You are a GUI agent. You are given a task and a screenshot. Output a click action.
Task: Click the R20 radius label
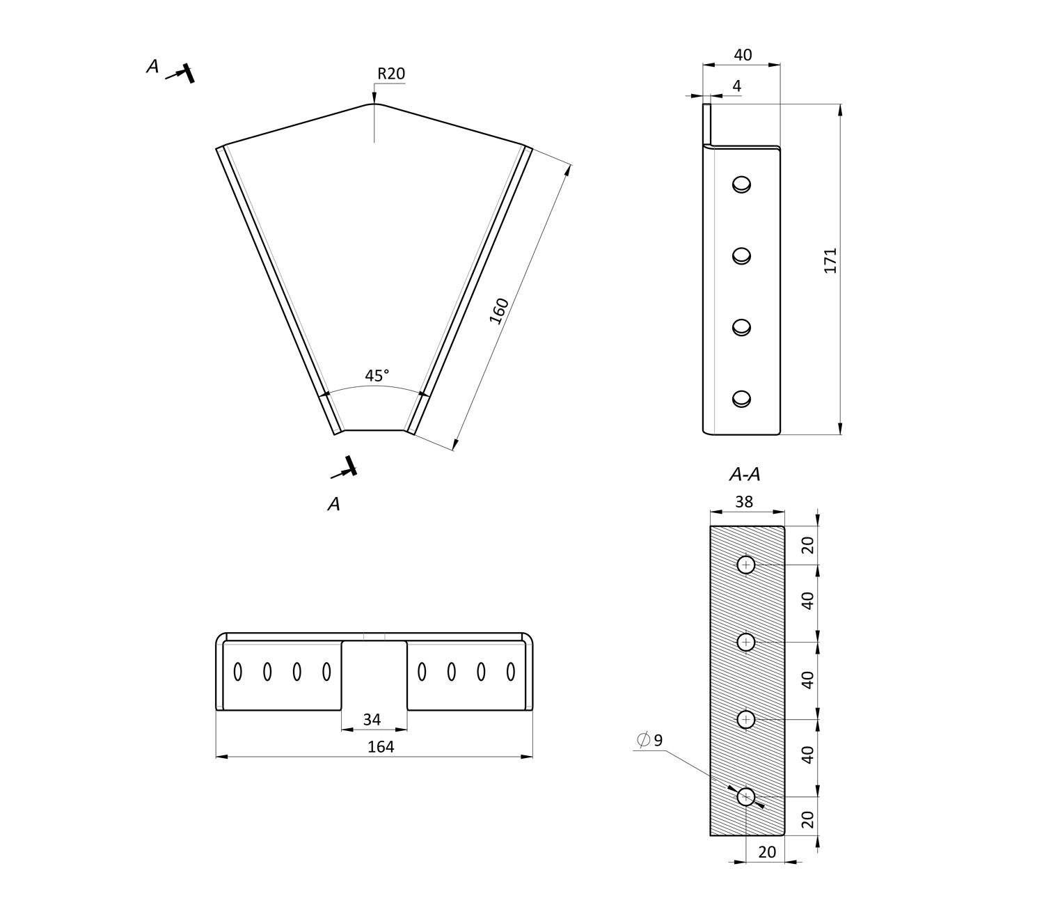[390, 74]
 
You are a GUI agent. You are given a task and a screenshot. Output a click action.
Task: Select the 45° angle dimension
[377, 376]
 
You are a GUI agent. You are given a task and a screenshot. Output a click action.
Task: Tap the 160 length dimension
[499, 310]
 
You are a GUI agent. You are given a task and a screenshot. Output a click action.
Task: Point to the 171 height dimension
[830, 260]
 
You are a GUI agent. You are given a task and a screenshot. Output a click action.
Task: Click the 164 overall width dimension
[381, 747]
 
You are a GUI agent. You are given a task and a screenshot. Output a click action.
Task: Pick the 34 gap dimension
[372, 719]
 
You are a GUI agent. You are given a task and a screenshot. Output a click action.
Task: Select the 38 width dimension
[744, 502]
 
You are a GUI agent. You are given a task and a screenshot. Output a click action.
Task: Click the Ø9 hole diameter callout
[650, 740]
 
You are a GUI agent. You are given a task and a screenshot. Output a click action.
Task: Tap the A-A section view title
[744, 475]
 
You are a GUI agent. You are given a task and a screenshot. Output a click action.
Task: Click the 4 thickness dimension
[737, 86]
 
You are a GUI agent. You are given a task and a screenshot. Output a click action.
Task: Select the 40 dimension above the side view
[743, 55]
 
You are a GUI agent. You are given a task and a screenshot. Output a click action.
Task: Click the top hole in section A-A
[746, 565]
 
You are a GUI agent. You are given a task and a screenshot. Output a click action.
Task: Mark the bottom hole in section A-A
[746, 796]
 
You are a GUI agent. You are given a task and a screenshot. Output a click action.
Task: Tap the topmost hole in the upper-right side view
[741, 184]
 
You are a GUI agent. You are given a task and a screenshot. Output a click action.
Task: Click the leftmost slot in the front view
[237, 672]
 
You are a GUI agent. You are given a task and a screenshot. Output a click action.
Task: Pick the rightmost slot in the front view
[510, 672]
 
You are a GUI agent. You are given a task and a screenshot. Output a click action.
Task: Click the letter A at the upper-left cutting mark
[152, 67]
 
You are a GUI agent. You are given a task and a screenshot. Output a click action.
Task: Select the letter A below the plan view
[334, 504]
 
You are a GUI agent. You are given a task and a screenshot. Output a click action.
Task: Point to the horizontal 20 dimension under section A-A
[766, 852]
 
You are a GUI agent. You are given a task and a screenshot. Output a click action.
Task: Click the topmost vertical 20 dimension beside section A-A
[807, 545]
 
